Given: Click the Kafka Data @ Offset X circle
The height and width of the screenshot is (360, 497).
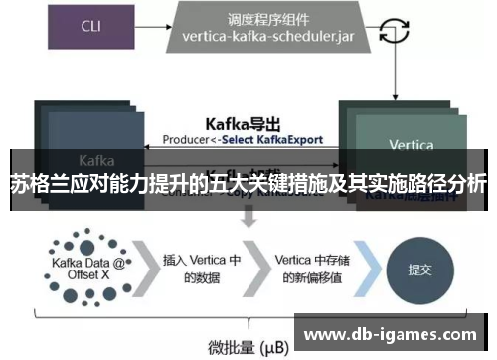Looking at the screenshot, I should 84,268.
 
